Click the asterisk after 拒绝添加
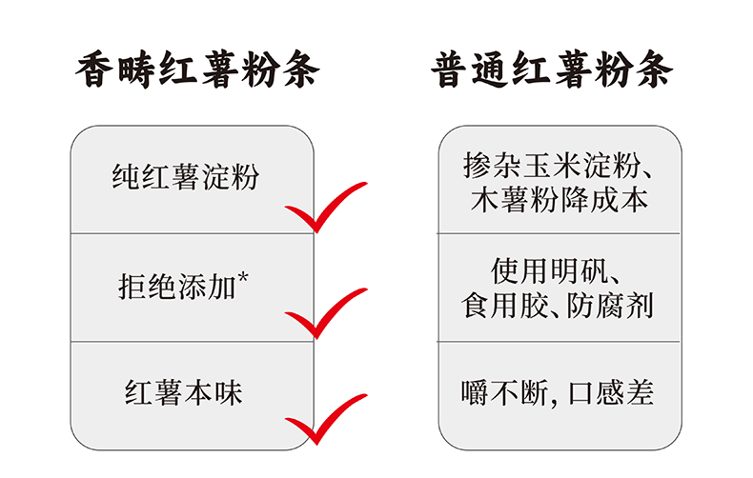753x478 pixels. (244, 277)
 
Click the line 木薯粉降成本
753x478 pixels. (560, 199)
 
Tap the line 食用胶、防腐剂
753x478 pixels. (560, 307)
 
